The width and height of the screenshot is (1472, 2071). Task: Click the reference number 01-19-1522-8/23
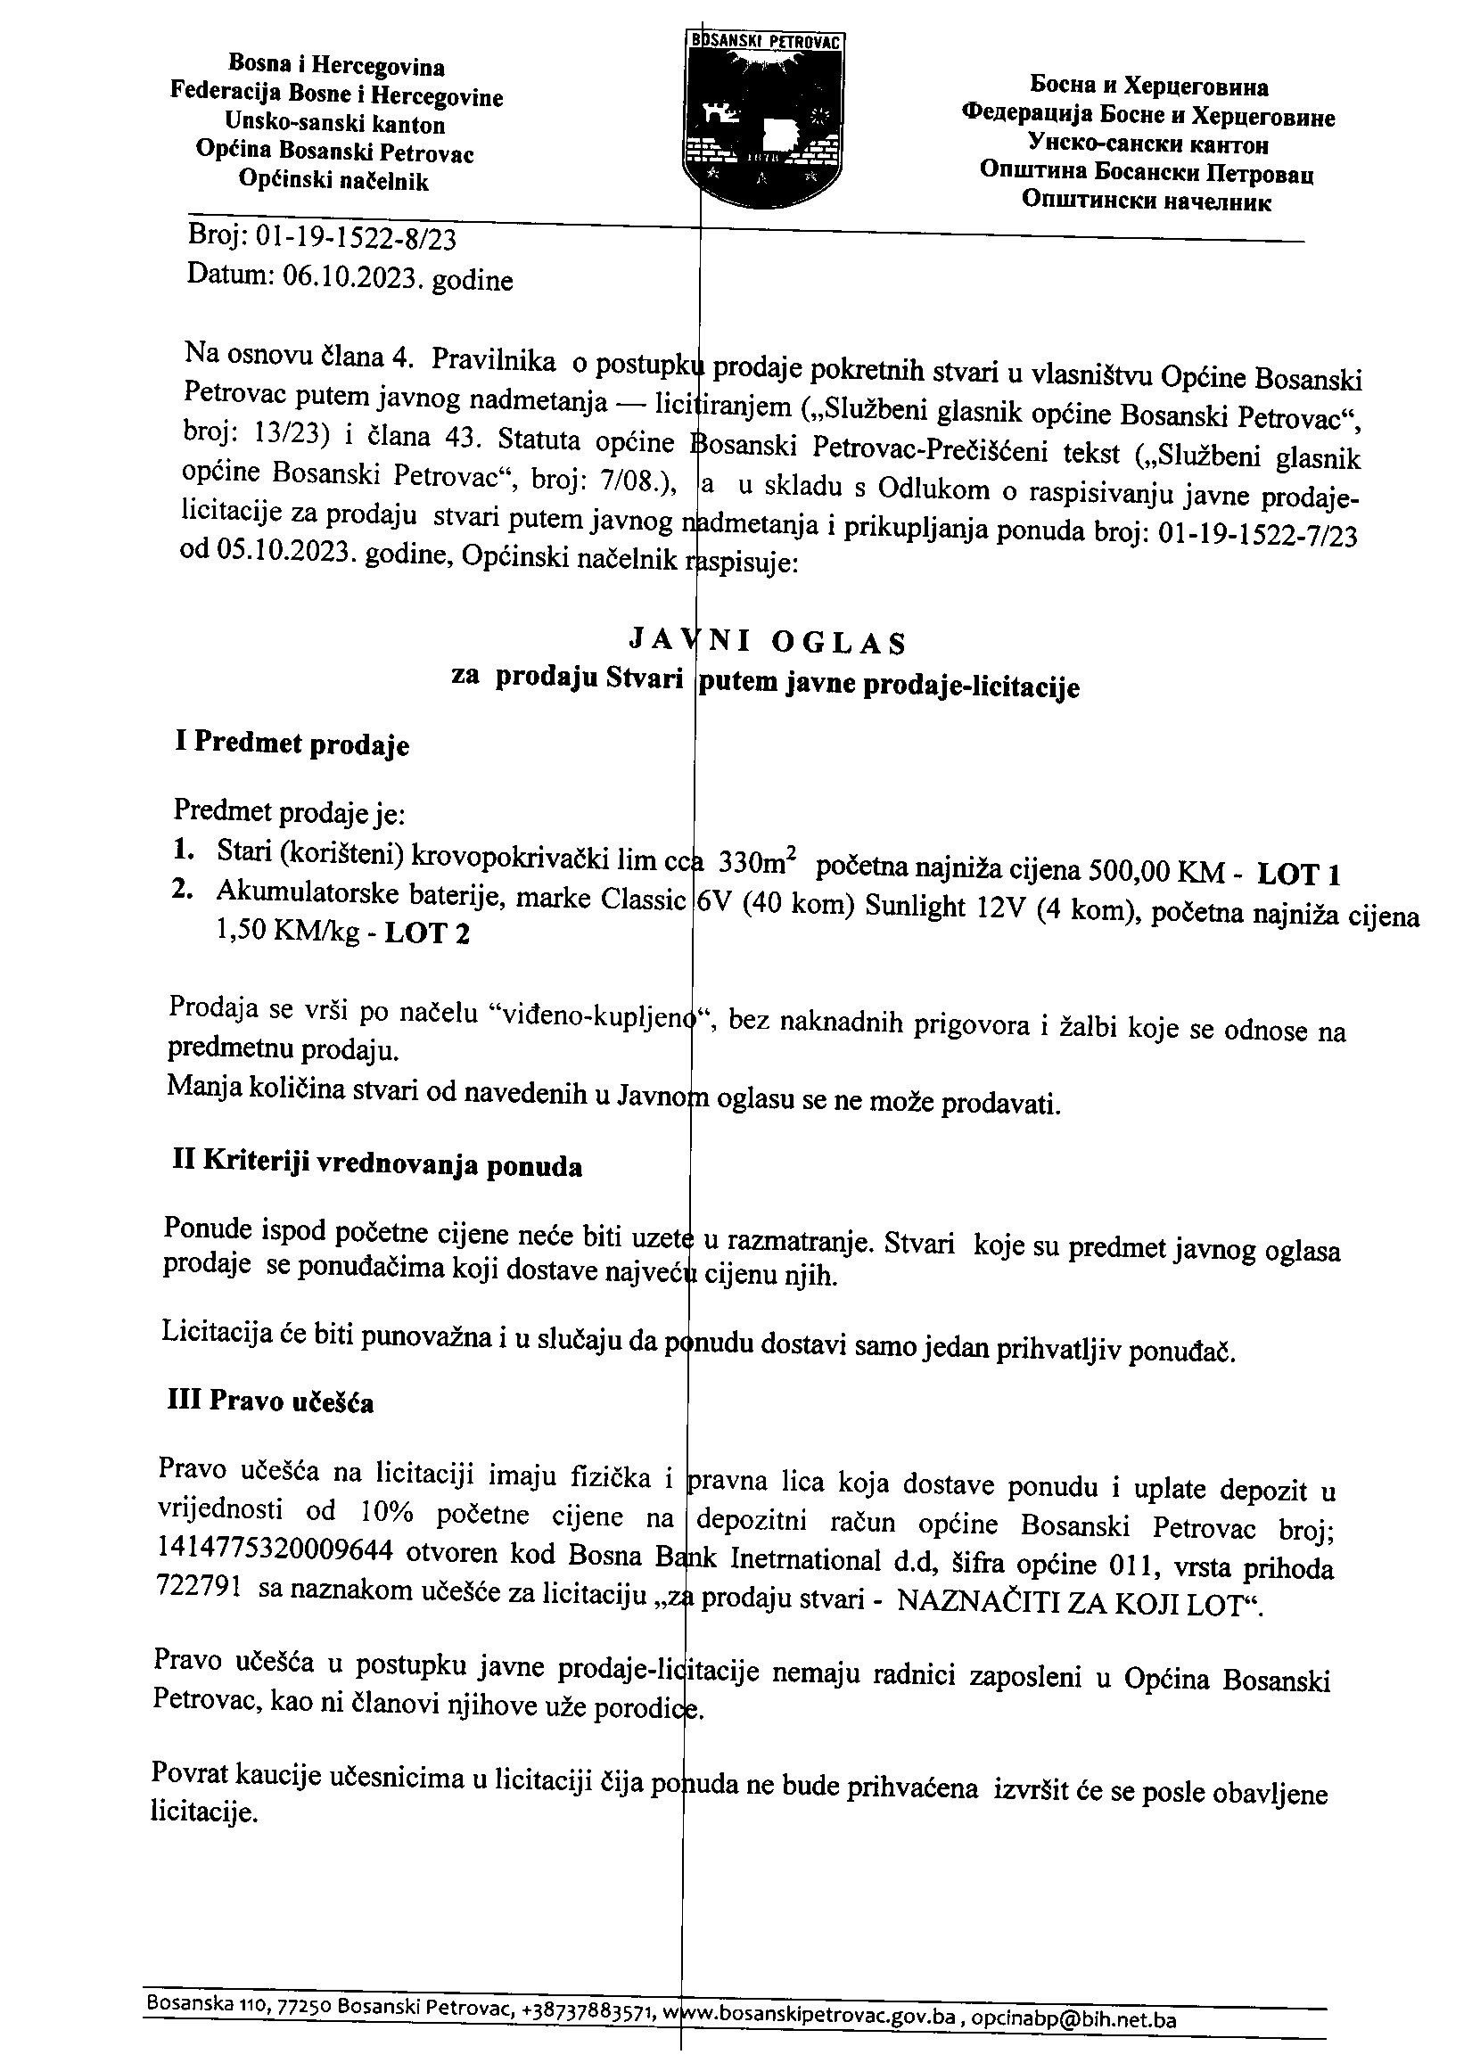click(x=357, y=239)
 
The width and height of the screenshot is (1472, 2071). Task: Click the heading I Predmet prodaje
click(x=291, y=744)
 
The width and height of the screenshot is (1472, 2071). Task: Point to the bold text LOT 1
click(x=1298, y=874)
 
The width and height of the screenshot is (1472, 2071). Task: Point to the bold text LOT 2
click(x=427, y=933)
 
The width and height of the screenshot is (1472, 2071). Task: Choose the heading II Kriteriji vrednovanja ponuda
click(x=377, y=1165)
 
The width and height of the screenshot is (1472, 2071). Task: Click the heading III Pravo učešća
click(x=271, y=1402)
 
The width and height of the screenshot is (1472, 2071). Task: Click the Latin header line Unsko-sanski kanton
click(x=335, y=123)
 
